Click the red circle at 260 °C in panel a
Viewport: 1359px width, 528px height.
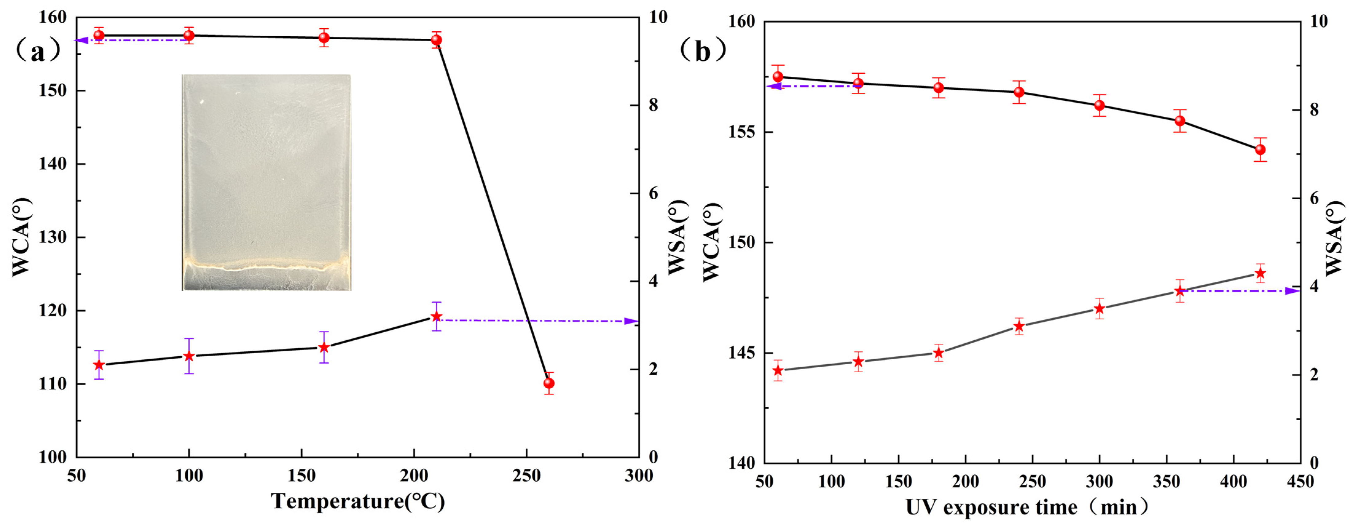click(549, 383)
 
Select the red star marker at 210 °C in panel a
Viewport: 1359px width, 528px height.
click(436, 316)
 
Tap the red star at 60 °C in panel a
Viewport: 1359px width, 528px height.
click(99, 365)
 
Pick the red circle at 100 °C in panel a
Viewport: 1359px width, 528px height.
click(189, 35)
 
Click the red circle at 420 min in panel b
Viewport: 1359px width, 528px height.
click(1260, 150)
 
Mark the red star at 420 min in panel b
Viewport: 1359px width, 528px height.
click(1260, 273)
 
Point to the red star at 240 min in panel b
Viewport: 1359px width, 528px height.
click(1019, 327)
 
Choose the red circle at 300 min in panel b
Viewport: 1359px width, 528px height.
click(1099, 105)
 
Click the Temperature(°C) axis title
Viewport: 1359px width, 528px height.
click(358, 501)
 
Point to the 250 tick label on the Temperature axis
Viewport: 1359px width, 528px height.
click(526, 476)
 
